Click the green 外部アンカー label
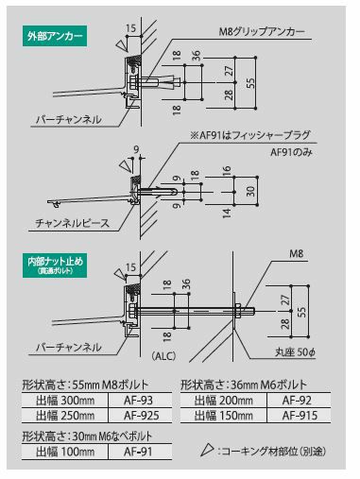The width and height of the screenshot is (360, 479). pyautogui.click(x=55, y=37)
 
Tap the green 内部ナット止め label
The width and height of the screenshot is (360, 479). pyautogui.click(x=55, y=265)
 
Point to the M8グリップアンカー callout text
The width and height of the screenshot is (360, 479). pyautogui.click(x=262, y=32)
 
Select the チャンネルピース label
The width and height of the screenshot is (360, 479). pyautogui.click(x=72, y=223)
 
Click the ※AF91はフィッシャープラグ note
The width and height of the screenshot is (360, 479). pyautogui.click(x=250, y=135)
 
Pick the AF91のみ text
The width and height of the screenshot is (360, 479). pyautogui.click(x=291, y=152)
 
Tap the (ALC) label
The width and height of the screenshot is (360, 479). pyautogui.click(x=163, y=356)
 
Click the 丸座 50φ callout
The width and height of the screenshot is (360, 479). pyautogui.click(x=295, y=352)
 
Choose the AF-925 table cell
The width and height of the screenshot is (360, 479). pyautogui.click(x=141, y=416)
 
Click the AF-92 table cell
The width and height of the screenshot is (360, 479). pyautogui.click(x=297, y=401)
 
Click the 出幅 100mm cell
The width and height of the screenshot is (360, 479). pyautogui.click(x=65, y=452)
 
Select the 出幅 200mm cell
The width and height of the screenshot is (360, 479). pyautogui.click(x=224, y=401)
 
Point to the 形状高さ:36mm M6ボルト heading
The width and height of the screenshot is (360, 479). pyautogui.click(x=244, y=385)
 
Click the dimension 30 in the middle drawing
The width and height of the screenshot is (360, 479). pyautogui.click(x=250, y=191)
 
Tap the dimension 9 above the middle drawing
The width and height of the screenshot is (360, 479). pyautogui.click(x=136, y=149)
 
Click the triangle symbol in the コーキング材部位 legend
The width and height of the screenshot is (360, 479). pyautogui.click(x=207, y=450)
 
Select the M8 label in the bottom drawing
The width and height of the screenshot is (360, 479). pyautogui.click(x=296, y=253)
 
